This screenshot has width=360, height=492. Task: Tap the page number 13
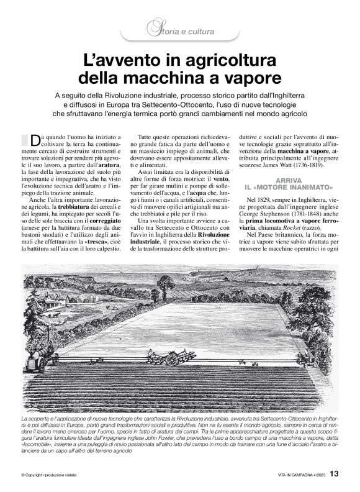pyautogui.click(x=334, y=474)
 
